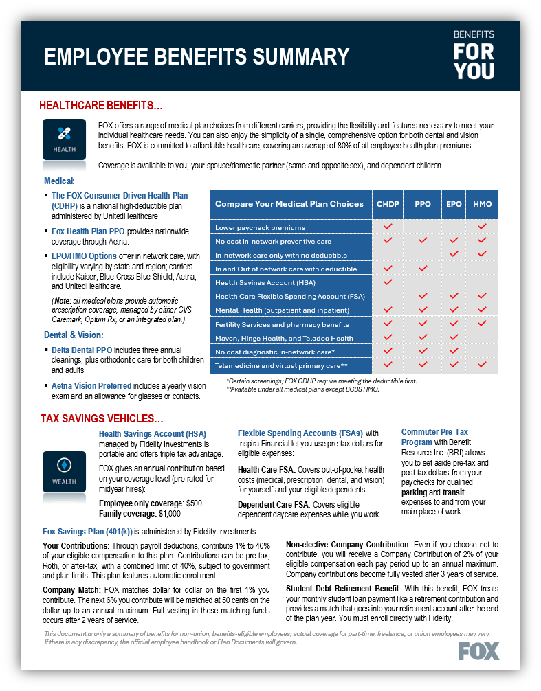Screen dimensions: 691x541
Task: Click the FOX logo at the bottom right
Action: [x=478, y=650]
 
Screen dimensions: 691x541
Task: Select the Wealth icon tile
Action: [x=65, y=471]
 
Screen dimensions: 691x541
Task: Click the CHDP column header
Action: [x=388, y=204]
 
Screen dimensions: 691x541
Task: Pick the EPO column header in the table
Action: [x=453, y=204]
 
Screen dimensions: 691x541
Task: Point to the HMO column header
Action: [x=482, y=204]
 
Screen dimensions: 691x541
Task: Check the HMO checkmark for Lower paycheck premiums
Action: [x=482, y=227]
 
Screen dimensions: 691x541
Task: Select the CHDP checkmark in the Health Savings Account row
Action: [x=388, y=282]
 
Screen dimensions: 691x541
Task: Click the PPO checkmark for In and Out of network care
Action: [x=423, y=269]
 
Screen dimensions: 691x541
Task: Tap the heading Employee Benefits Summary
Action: [x=197, y=56]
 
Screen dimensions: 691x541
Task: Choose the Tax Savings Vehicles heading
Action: [x=101, y=418]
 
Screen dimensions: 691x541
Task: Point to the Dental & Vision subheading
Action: [x=74, y=335]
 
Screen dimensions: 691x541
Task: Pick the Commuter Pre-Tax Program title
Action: [x=434, y=437]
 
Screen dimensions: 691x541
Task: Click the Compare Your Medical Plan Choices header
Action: [x=289, y=204]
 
